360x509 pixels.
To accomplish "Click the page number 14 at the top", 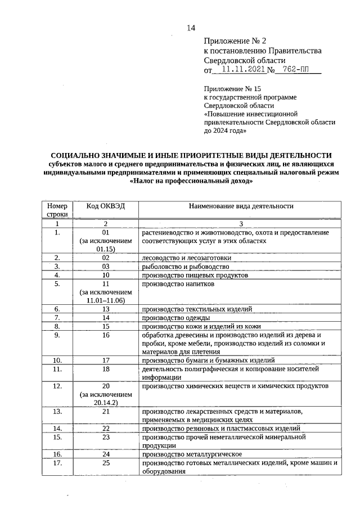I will [x=191, y=29].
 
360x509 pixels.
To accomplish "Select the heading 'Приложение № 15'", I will [x=232, y=89].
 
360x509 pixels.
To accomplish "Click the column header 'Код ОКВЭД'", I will [x=105, y=206].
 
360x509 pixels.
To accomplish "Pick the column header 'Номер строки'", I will [x=57, y=210].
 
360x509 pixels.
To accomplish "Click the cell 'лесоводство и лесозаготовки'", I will [x=186, y=258].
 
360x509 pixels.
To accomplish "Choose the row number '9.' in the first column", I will [x=57, y=335].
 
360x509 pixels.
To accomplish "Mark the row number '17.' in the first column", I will [x=57, y=463].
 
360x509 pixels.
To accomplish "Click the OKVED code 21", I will [x=105, y=412].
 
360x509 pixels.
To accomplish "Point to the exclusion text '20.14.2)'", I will [x=105, y=403].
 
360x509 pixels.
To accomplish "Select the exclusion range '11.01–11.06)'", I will [x=105, y=301].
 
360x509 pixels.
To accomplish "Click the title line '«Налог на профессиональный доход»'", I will [x=191, y=181].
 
